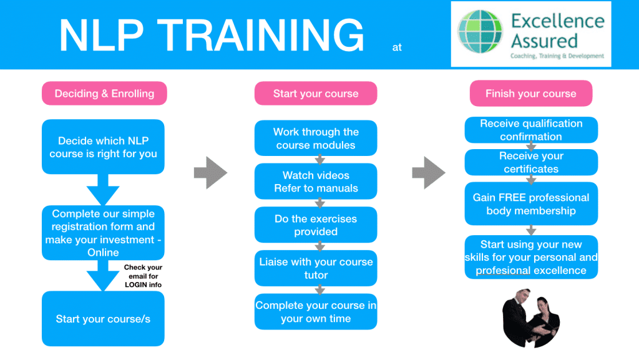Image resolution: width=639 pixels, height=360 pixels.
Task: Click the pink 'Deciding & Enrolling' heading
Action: click(x=104, y=94)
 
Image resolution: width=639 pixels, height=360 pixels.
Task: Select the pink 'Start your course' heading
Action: click(x=316, y=94)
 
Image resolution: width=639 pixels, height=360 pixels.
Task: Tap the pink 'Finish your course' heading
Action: click(x=530, y=94)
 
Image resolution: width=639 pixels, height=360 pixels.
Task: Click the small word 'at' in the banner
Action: click(x=398, y=47)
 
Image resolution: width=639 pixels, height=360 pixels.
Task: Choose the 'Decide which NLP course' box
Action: click(x=104, y=147)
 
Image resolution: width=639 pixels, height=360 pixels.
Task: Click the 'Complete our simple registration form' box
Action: click(x=104, y=233)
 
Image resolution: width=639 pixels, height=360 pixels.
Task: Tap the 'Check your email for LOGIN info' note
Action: click(x=143, y=276)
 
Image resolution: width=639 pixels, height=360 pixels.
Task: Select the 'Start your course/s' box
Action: click(x=104, y=318)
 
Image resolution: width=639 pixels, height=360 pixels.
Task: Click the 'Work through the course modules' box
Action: click(x=316, y=138)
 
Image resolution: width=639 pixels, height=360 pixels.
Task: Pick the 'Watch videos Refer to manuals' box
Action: click(x=316, y=182)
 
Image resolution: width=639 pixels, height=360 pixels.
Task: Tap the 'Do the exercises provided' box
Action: click(x=316, y=225)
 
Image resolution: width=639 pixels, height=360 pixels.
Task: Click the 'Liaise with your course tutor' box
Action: click(x=316, y=268)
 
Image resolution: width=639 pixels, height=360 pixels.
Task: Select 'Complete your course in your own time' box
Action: click(x=316, y=311)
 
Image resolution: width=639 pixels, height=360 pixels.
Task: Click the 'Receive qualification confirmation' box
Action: click(x=531, y=130)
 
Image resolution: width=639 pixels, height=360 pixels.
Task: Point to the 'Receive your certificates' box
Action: click(x=531, y=162)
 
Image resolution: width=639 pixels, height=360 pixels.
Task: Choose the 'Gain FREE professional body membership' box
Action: click(x=531, y=203)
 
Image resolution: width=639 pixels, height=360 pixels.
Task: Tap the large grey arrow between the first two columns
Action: click(x=210, y=173)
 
